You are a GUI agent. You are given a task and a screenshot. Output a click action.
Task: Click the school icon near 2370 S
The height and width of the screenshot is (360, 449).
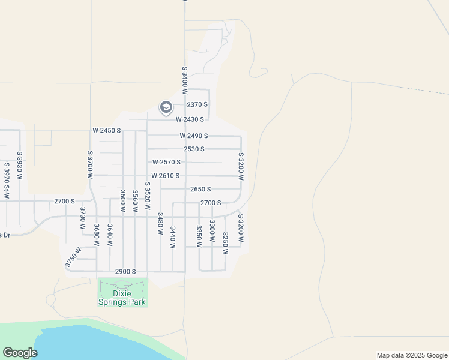click(166, 108)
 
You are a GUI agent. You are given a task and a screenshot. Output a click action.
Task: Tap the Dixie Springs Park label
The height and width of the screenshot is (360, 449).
click(122, 298)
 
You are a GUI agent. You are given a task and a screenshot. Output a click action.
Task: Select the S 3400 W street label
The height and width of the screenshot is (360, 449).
click(185, 77)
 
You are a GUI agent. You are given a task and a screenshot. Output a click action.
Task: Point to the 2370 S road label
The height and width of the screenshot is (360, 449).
click(197, 104)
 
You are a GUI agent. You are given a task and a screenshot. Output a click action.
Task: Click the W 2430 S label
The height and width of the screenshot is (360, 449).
click(190, 119)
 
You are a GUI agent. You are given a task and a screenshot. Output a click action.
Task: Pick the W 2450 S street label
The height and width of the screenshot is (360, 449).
click(107, 130)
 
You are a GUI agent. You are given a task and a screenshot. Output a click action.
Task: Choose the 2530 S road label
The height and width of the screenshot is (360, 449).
click(194, 149)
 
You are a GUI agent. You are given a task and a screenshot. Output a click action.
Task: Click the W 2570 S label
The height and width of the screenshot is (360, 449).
click(166, 162)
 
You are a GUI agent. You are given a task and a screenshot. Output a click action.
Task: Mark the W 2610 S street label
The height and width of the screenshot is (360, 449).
click(166, 176)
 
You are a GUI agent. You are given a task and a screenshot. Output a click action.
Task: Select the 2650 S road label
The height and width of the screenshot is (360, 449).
click(200, 189)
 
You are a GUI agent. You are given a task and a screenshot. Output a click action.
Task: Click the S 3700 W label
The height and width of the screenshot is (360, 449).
click(90, 165)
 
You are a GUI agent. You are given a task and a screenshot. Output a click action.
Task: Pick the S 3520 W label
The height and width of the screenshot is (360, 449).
click(148, 196)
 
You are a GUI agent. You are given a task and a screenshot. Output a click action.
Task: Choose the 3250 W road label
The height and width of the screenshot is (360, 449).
click(225, 243)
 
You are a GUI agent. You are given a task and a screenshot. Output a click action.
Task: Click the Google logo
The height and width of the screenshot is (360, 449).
click(20, 353)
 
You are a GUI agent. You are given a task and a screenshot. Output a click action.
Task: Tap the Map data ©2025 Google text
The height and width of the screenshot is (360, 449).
click(411, 355)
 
